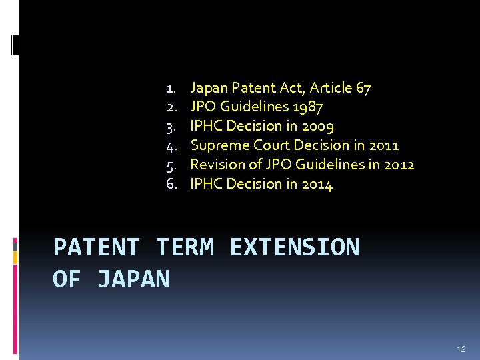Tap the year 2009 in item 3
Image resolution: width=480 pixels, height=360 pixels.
pos(319,126)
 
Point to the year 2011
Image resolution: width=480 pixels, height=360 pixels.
pos(385,145)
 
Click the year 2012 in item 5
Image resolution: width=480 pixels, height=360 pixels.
pos(399,165)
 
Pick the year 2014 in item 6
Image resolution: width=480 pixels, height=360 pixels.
pos(317,184)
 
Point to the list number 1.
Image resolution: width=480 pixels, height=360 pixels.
pos(171,88)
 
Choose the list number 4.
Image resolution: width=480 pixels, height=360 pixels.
pos(171,145)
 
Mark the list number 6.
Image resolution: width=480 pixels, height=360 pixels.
pos(171,184)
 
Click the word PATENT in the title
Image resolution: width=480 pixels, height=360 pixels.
pos(97,247)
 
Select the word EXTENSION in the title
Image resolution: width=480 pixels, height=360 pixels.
pos(294,247)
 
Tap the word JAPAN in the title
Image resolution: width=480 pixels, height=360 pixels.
pos(133,279)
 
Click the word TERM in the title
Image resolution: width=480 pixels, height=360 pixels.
pos(185,247)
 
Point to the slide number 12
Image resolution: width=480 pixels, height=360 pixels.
pos(461,349)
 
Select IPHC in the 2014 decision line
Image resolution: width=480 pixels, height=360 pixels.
pos(207,184)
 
